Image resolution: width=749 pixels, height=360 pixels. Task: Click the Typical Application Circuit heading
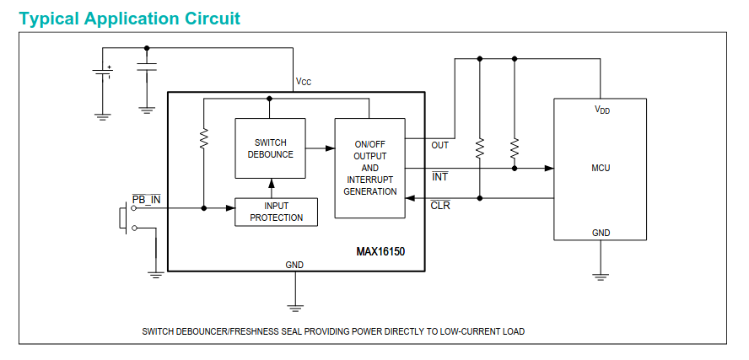pos(129,19)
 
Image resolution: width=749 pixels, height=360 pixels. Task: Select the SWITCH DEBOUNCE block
pos(270,148)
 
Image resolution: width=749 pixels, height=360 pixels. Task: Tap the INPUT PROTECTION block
pos(276,212)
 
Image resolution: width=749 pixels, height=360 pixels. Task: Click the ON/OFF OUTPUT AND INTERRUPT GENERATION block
pos(370,168)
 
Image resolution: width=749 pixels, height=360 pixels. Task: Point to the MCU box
pos(600,169)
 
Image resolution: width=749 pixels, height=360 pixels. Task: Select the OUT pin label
pos(439,145)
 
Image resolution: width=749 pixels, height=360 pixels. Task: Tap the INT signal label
pos(439,176)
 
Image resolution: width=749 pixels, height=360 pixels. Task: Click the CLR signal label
pos(440,205)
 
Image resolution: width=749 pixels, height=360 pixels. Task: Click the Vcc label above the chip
pos(303,82)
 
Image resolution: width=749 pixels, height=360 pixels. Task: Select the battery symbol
pos(102,73)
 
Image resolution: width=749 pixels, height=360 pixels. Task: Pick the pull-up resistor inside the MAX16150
pos(204,138)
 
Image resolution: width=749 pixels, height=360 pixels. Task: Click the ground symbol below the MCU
pos(601,276)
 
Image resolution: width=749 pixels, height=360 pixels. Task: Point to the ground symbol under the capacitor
pos(147,109)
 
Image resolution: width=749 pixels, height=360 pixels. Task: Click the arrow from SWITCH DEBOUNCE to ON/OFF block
pos(320,148)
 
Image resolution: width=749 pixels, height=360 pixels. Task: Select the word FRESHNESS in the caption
pos(259,331)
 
